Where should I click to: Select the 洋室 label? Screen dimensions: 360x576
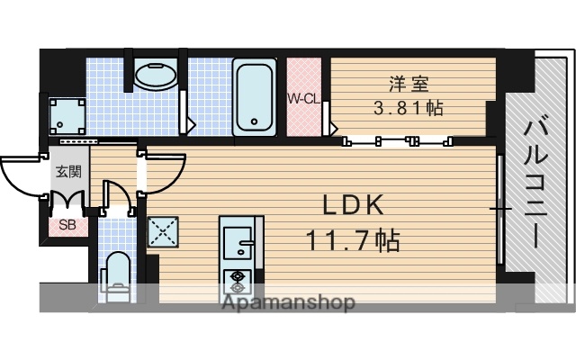[408, 85]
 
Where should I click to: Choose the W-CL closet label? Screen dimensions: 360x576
[303, 98]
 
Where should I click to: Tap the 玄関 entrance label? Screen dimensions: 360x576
[67, 172]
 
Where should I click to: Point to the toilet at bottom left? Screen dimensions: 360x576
[116, 274]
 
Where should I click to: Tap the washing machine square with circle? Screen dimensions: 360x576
[68, 114]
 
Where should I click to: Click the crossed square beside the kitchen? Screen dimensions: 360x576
[163, 234]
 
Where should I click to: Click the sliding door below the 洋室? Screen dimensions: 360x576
[396, 139]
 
